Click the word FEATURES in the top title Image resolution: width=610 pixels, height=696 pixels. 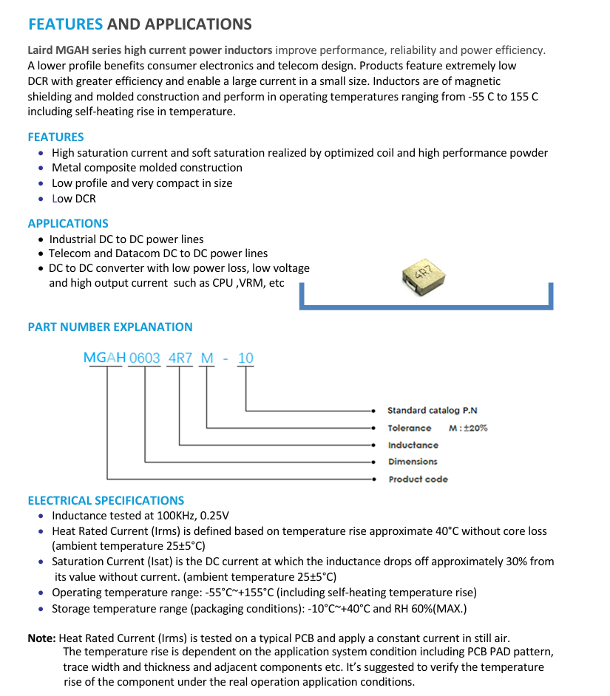pos(65,24)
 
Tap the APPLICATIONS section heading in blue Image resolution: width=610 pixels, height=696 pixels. pos(68,223)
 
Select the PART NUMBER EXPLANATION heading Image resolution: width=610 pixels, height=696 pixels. pos(110,327)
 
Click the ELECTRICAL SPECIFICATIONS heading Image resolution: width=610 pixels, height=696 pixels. pos(106,500)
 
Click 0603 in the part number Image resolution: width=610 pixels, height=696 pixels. pos(145,358)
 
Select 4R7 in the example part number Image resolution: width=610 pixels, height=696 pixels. pos(180,358)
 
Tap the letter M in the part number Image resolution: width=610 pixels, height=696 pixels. pos(207,358)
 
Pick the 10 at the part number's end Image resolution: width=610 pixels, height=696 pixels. pos(245,358)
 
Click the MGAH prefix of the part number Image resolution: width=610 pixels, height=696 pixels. pos(104,358)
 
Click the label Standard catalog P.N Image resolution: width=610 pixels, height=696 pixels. pos(433,410)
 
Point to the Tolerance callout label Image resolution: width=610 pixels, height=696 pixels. pos(410,428)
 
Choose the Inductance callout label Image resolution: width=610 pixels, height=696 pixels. pos(413,445)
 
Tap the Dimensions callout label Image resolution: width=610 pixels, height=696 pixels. pos(413,462)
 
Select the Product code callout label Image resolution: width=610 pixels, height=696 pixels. pos(418,479)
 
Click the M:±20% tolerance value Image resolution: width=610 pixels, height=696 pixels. pos(468,428)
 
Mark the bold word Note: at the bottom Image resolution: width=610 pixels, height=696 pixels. pos(41,638)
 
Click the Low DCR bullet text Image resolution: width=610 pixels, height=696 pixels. pos(74,198)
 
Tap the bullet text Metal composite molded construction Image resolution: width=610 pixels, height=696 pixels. pos(147,168)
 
